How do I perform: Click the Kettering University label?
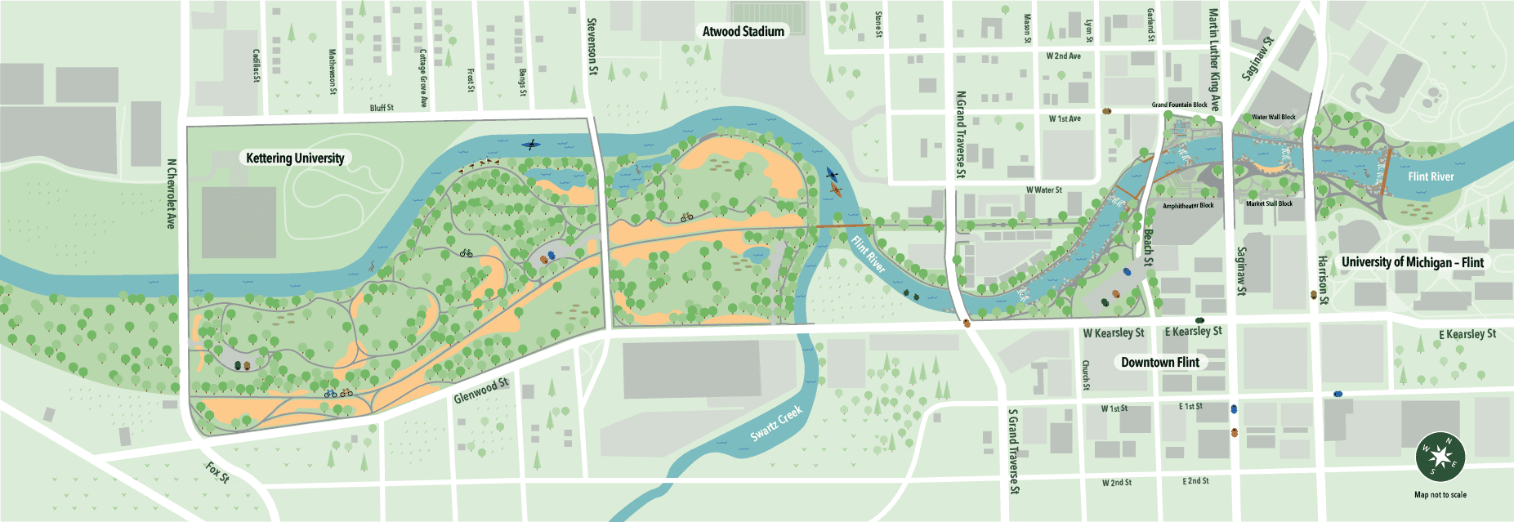click(x=295, y=158)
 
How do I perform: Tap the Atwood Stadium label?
click(x=743, y=31)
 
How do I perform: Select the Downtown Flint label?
click(x=1159, y=362)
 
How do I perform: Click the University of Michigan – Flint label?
click(x=1412, y=262)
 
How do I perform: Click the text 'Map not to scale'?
click(x=1440, y=494)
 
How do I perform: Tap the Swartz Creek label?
click(x=775, y=423)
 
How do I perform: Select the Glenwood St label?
click(x=480, y=390)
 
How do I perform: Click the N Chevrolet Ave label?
click(x=171, y=194)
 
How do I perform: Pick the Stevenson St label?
click(x=592, y=47)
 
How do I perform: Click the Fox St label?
click(x=217, y=471)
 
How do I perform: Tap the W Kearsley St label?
click(x=1113, y=332)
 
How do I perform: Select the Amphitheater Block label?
click(x=1187, y=206)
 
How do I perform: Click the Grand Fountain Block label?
click(x=1179, y=105)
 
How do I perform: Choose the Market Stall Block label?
click(x=1269, y=203)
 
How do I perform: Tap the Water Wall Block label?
click(x=1273, y=117)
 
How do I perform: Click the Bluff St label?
click(x=382, y=108)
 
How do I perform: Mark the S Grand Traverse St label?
click(x=1013, y=451)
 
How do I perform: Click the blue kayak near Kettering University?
click(x=531, y=145)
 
